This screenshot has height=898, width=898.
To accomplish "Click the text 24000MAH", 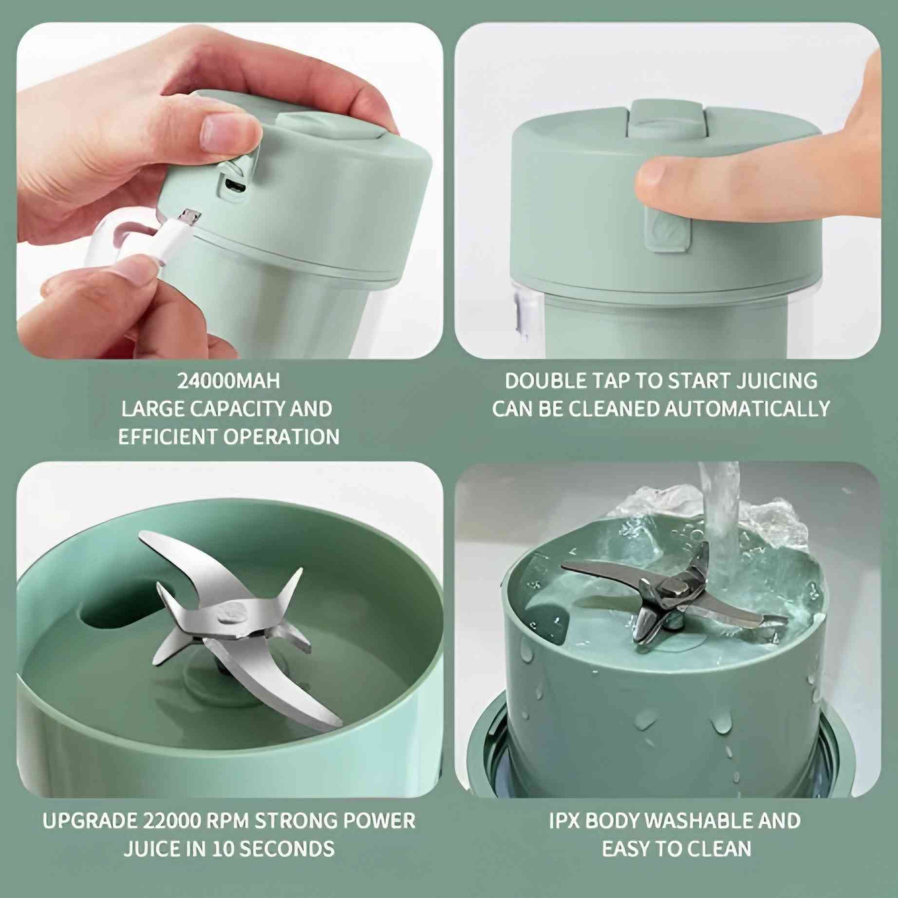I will [228, 381].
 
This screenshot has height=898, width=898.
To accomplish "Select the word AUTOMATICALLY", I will [747, 409].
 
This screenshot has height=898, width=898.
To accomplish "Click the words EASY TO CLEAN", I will [677, 849].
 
